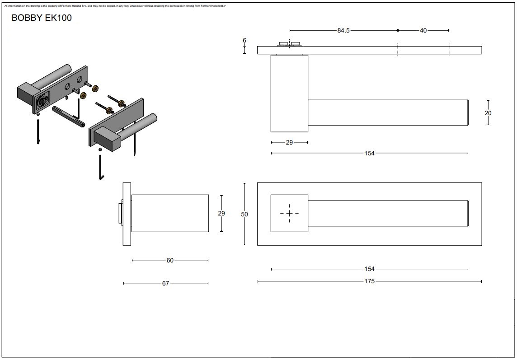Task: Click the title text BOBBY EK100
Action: coord(41,18)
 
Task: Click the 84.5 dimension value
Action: coord(343,30)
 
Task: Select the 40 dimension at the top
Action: coord(423,30)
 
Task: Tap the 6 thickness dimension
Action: coord(244,41)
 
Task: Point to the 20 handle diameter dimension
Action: coord(488,113)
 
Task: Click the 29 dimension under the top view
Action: coord(289,142)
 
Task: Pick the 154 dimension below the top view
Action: coord(370,153)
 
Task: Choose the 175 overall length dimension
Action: coord(370,281)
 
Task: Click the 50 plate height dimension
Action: coord(244,215)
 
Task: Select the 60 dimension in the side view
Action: coord(170,260)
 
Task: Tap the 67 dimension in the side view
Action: coord(165,283)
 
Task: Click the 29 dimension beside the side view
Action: coord(221,213)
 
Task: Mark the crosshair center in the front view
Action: coord(289,213)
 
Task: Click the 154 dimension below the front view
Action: coord(370,269)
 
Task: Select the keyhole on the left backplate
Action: coord(42,102)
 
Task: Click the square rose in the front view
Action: coord(289,213)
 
